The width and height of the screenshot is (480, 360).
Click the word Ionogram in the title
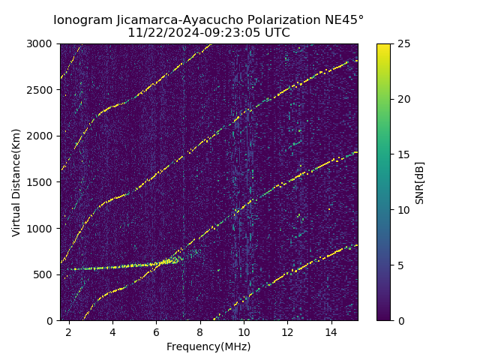pos(82,19)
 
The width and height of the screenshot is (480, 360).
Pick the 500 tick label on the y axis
pos(46,274)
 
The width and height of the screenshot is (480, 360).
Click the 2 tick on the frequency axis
pos(69,331)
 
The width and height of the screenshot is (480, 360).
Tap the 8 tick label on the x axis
pos(200,331)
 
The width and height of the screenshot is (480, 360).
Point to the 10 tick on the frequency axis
pos(244,331)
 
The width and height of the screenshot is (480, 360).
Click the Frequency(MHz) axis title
pos(208,346)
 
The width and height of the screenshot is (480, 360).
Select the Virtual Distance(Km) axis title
pos(16,182)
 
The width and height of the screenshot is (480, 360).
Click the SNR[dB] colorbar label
pos(420,182)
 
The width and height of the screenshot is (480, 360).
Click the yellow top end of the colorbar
pos(383,46)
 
